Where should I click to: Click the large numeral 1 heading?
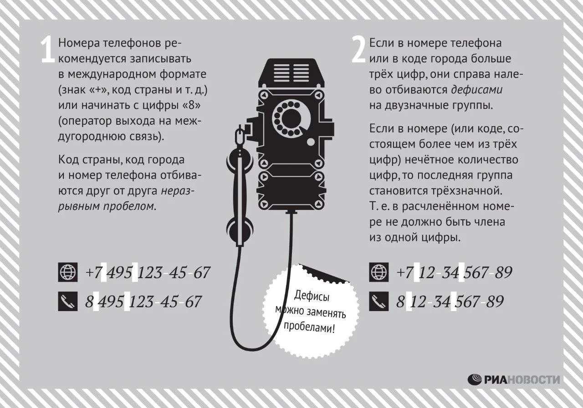point(48,50)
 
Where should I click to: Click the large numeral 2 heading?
point(358,50)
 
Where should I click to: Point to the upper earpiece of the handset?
point(240,159)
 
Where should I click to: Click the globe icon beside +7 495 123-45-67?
point(68,272)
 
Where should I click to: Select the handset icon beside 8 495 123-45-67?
point(68,301)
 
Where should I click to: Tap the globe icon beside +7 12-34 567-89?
point(378,272)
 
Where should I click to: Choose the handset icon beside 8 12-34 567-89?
point(378,301)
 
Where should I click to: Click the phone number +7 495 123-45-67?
point(148,272)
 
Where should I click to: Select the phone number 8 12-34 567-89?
point(450,301)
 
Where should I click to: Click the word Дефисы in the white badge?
point(312,296)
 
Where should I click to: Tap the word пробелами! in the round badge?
point(309,327)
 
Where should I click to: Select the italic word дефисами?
point(477,90)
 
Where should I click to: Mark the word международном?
point(112,74)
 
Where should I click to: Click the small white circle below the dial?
point(311,142)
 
